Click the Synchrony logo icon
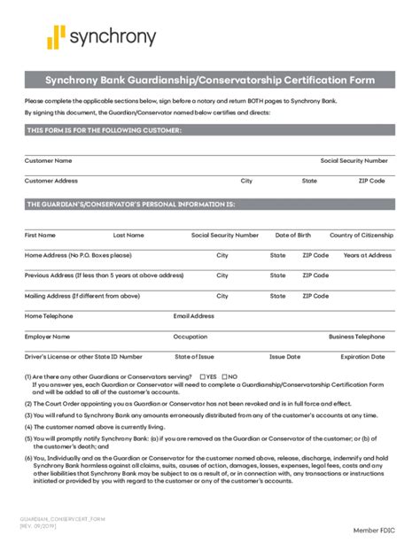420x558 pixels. (x=57, y=37)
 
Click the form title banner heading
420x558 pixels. (x=210, y=81)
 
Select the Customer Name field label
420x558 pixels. (x=48, y=161)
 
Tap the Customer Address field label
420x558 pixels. (x=51, y=181)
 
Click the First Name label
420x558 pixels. (x=40, y=236)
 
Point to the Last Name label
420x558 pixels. (x=128, y=236)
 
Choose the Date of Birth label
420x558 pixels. (x=293, y=236)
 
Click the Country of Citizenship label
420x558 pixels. (x=361, y=236)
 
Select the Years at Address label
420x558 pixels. (x=368, y=255)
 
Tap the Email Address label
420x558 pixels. (x=194, y=316)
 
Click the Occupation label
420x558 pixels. (x=191, y=337)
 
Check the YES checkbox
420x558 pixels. (x=203, y=376)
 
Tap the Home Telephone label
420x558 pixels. (x=49, y=316)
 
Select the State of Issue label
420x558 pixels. (x=194, y=357)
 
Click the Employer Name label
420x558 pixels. (x=47, y=337)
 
